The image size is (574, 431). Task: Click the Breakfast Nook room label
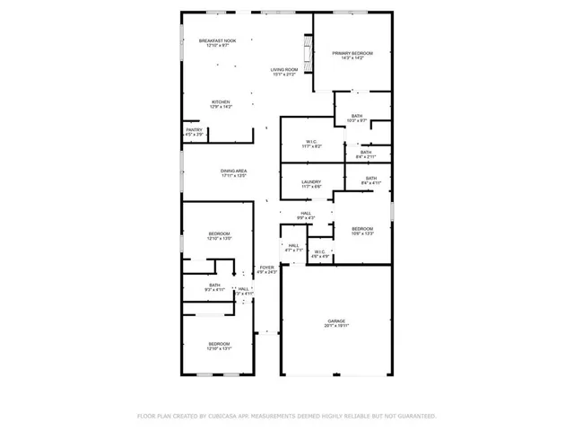pos(217,40)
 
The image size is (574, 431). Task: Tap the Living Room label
pos(283,69)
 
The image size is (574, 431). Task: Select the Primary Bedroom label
pos(352,54)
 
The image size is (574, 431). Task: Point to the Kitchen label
pos(221,102)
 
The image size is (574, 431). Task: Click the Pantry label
pos(194,130)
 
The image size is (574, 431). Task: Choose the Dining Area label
pos(233,171)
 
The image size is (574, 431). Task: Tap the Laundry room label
pos(311,181)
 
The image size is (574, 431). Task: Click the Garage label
pos(336,321)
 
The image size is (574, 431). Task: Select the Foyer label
pos(266,268)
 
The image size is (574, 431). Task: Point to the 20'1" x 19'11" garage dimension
pos(336,327)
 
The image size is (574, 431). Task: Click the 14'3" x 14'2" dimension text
pos(352,59)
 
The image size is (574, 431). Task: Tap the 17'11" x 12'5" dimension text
pos(233,176)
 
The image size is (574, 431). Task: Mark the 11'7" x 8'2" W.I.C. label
pos(311,145)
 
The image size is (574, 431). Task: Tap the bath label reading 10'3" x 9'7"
pos(357,119)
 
